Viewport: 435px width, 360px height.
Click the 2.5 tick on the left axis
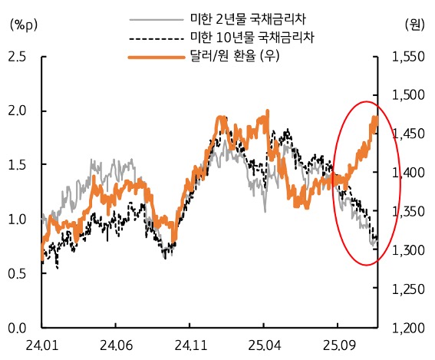click(x=17, y=57)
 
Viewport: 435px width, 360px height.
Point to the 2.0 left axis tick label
click(x=17, y=111)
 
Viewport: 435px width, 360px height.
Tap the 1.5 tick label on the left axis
click(x=17, y=165)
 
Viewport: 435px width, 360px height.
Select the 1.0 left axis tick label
click(x=17, y=220)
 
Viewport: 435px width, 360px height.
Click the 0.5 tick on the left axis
click(x=17, y=273)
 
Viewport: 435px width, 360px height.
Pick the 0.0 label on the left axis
click(x=17, y=328)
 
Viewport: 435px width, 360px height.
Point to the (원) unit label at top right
click(x=414, y=24)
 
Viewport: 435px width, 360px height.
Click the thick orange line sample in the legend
click(x=155, y=56)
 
